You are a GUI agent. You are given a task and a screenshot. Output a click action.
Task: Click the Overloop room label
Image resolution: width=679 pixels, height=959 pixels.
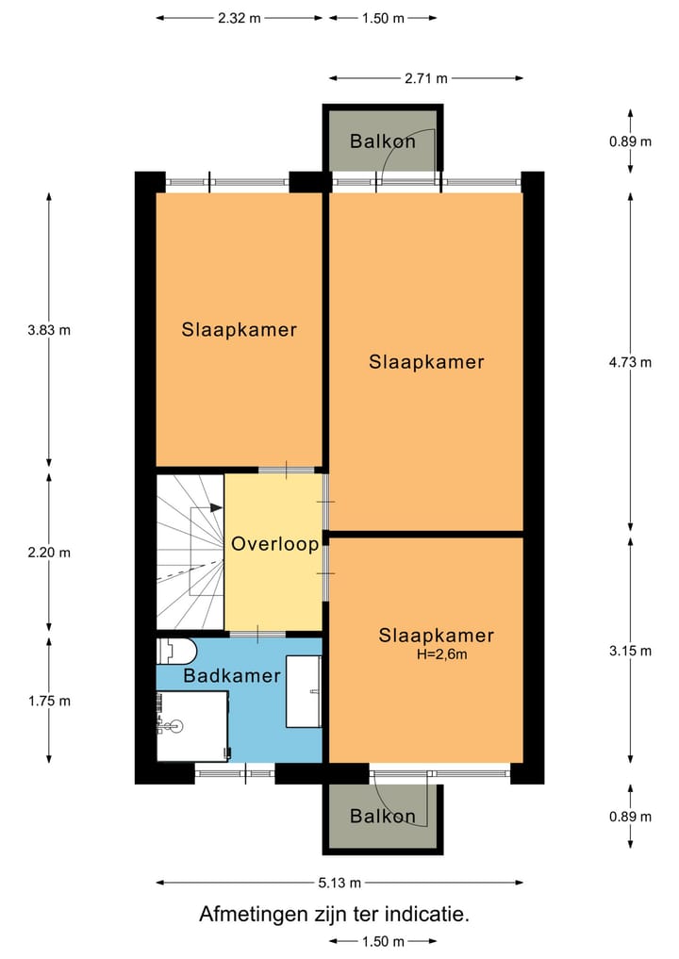274,544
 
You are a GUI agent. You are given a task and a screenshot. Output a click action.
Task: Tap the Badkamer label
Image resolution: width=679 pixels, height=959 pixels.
232,676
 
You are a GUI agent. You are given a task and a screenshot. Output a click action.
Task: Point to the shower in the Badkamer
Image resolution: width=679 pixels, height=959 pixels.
192,725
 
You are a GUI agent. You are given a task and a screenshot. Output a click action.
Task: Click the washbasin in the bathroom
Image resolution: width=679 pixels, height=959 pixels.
304,692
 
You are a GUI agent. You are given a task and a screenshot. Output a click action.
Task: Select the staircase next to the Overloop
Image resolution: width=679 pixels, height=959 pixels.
190,551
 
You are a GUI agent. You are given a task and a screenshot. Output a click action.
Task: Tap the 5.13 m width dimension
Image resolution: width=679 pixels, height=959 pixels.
339,883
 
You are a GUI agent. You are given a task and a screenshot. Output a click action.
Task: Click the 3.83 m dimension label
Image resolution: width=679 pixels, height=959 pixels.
49,330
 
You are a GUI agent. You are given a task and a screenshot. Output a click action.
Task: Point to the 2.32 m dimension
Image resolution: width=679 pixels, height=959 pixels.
240,18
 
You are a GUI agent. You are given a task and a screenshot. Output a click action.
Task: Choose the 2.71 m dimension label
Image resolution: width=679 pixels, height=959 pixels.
425,78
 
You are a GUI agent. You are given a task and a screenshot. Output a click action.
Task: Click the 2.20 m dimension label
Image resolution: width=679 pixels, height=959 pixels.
49,553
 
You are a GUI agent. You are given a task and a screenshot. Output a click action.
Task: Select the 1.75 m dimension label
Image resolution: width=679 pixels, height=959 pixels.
49,701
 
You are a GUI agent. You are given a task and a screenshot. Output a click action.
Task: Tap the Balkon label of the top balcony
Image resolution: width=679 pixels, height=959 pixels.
382,141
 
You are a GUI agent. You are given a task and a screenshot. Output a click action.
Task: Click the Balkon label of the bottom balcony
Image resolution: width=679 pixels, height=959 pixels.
382,817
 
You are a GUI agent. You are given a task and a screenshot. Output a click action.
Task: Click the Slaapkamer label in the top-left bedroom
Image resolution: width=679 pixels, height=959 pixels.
240,330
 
